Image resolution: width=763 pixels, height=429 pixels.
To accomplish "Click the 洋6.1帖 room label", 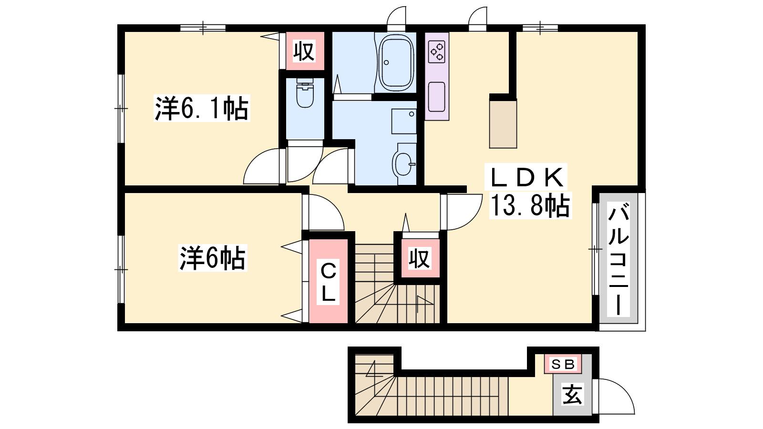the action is click(202, 108).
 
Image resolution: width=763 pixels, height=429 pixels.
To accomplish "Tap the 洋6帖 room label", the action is click(213, 258).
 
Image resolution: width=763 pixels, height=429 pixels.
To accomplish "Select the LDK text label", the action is click(526, 177).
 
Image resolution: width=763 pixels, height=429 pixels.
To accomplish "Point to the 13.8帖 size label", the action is click(530, 205).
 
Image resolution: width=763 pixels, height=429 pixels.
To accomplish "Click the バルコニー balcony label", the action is click(618, 258).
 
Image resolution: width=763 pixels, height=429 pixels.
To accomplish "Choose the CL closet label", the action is click(329, 281).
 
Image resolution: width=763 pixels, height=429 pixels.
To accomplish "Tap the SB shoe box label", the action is click(563, 364).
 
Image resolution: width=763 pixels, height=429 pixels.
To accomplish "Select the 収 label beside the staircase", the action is click(420, 258).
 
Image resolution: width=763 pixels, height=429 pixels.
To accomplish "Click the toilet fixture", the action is click(305, 92).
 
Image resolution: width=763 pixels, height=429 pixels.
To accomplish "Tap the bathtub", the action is click(396, 62).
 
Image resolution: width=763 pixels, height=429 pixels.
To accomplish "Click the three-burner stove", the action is click(437, 52).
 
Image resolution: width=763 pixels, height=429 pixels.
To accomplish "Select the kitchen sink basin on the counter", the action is click(437, 97).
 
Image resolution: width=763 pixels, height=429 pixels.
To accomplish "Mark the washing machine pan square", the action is click(404, 121).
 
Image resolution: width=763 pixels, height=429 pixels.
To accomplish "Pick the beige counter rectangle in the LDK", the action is click(503, 124).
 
